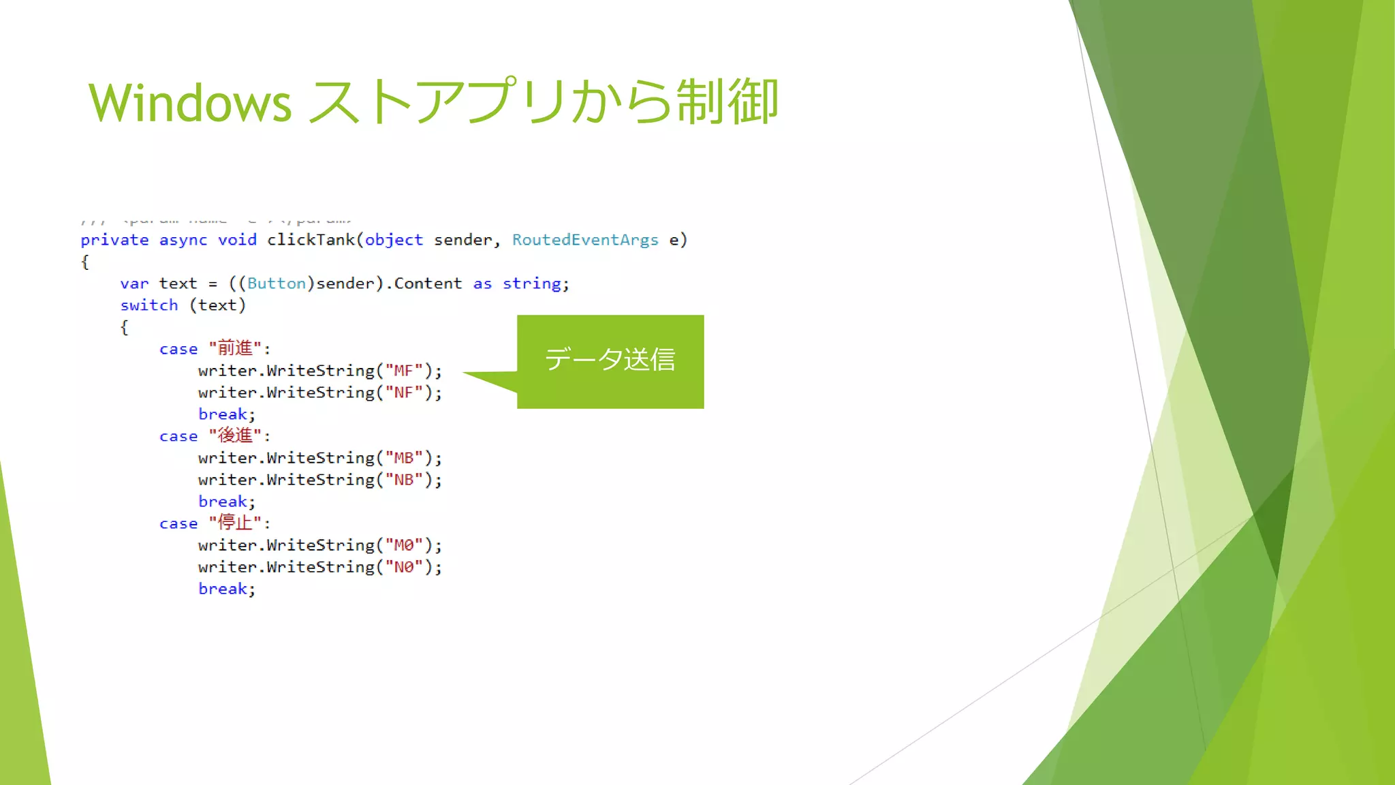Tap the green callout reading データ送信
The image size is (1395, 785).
(610, 360)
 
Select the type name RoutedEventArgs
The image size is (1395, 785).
(585, 240)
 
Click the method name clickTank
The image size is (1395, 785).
(311, 240)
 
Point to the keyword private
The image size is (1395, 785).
(114, 240)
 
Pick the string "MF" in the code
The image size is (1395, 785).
(404, 371)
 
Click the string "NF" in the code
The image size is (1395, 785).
(404, 392)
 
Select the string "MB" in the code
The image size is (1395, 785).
(404, 458)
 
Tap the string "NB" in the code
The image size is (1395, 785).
(404, 480)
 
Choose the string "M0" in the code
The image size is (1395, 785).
(404, 545)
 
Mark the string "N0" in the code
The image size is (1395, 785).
(404, 567)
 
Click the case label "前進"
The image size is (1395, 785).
(235, 348)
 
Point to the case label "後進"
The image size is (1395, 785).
(235, 435)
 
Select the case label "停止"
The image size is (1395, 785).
(235, 523)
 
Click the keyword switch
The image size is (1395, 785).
(148, 305)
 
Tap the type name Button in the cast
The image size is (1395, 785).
(276, 283)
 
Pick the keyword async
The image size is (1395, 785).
(183, 240)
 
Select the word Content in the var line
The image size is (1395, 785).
(428, 283)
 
